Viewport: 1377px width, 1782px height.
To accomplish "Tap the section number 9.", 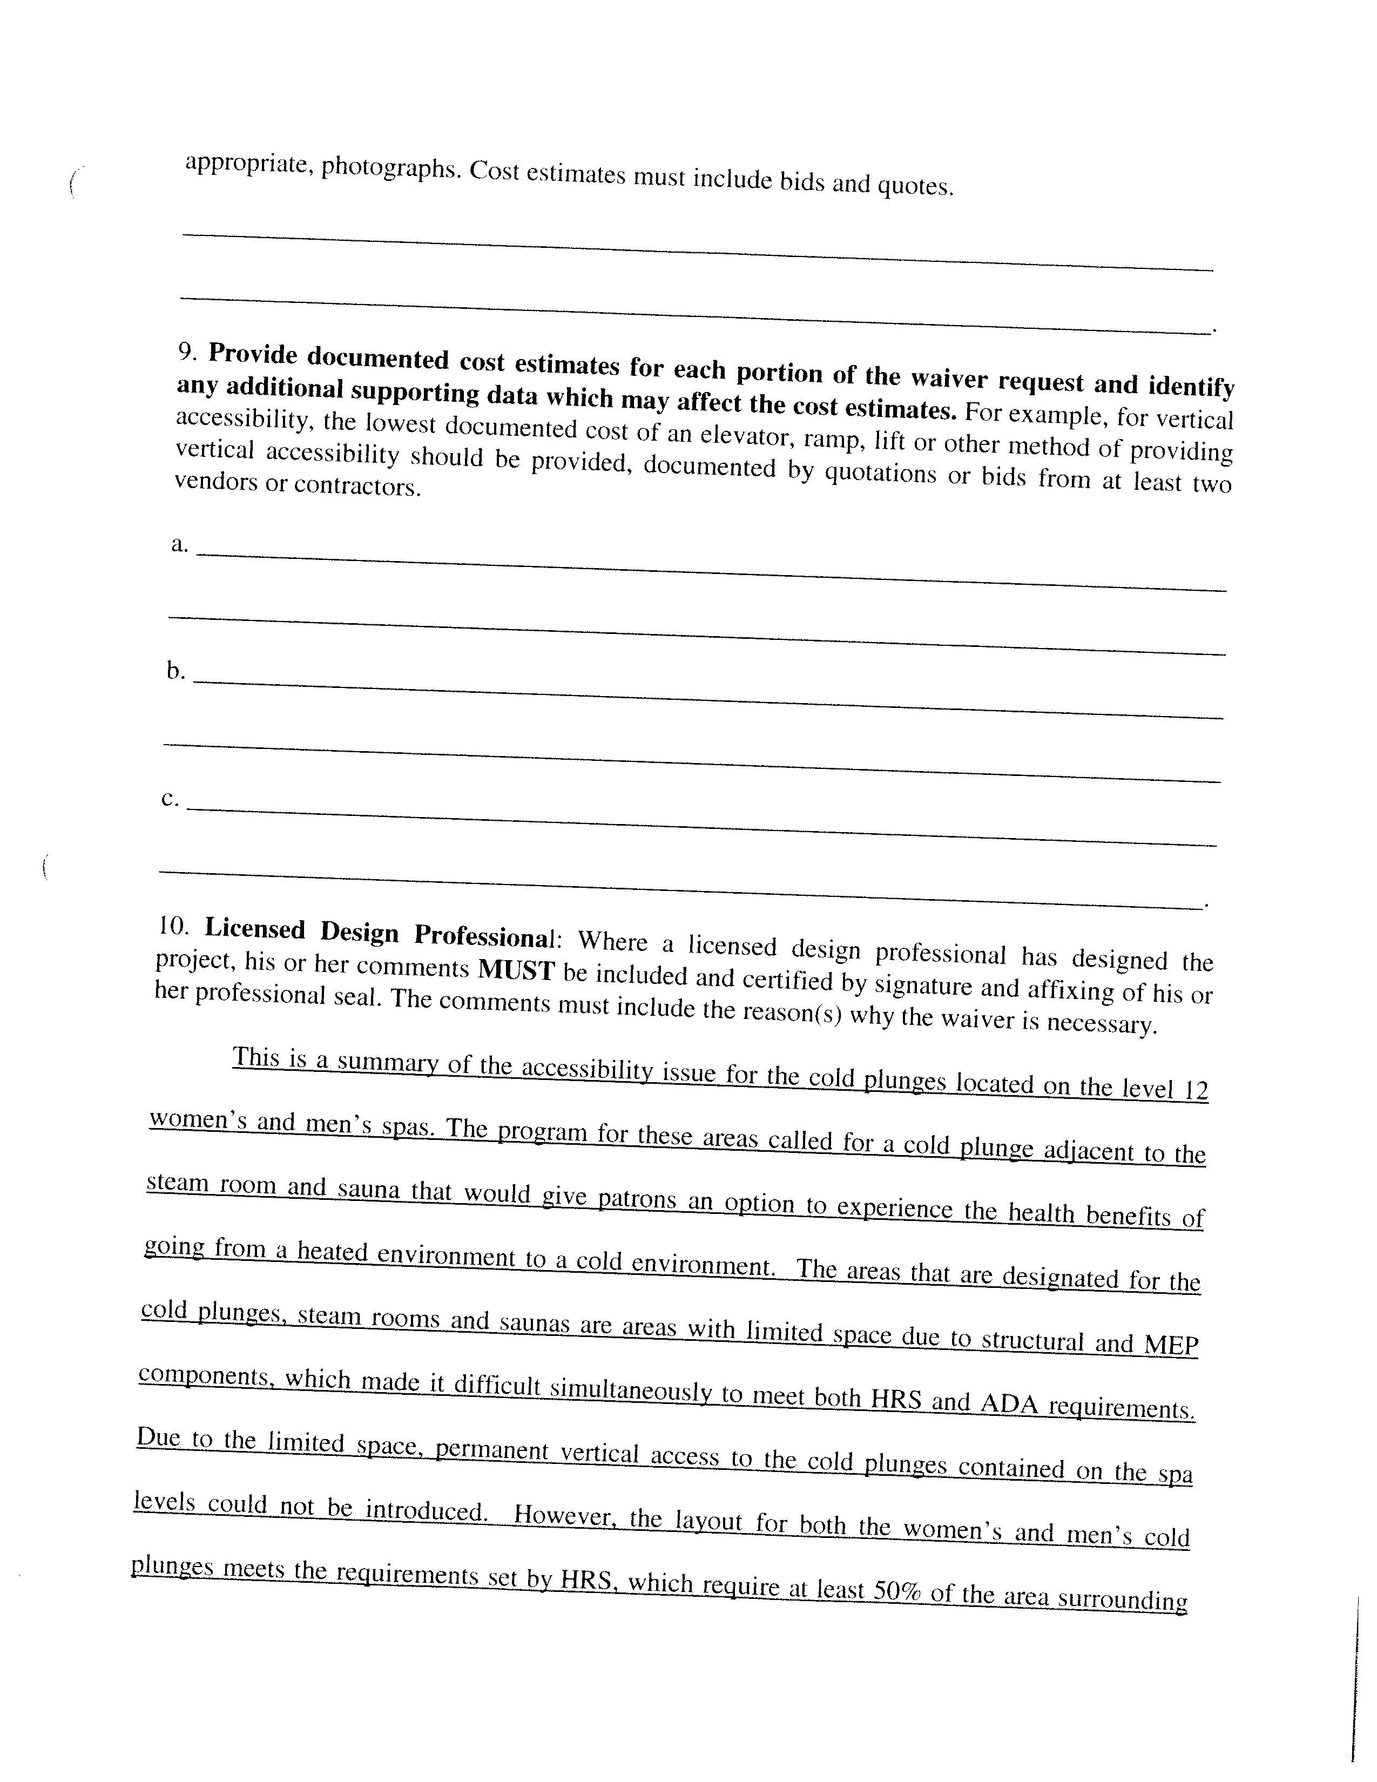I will [x=187, y=352].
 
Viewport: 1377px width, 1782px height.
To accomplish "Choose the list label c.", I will [x=170, y=798].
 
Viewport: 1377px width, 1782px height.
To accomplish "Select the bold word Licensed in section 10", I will [x=254, y=929].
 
